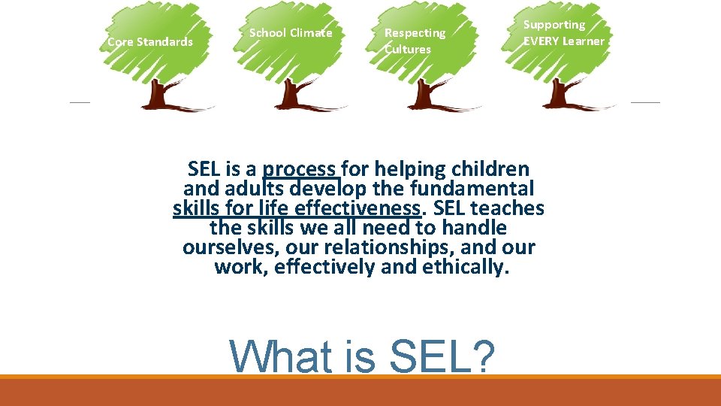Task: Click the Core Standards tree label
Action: [x=150, y=42]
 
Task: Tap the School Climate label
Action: [x=290, y=33]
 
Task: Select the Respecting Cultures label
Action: [x=415, y=41]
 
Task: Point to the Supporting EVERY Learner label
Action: [x=563, y=33]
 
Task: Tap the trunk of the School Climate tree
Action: [x=288, y=94]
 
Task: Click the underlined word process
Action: [x=300, y=169]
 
